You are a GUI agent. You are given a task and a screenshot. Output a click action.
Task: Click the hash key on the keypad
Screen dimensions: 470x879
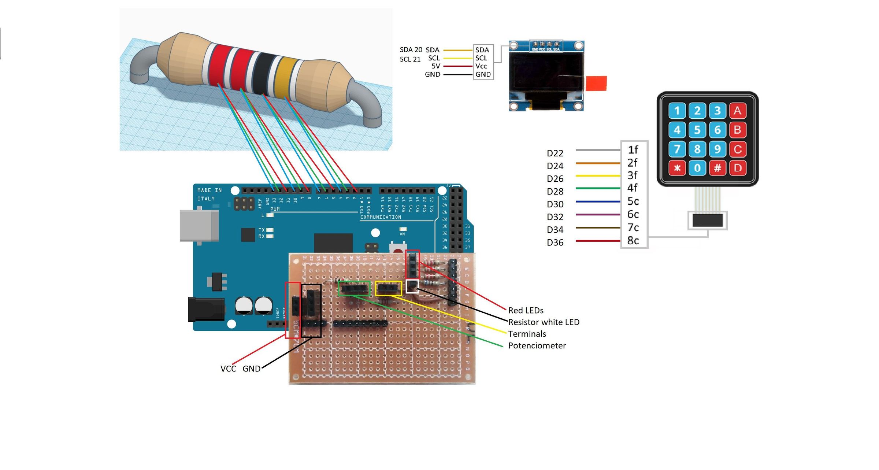coord(717,168)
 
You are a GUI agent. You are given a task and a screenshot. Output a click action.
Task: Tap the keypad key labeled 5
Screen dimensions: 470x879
coord(697,130)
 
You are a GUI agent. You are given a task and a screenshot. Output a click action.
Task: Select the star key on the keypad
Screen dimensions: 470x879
coord(677,168)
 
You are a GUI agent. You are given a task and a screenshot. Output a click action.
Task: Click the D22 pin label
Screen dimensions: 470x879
coord(555,153)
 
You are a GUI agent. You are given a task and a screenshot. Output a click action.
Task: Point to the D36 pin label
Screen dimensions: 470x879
coord(555,243)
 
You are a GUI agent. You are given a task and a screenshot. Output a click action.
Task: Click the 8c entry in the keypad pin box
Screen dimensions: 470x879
coord(633,241)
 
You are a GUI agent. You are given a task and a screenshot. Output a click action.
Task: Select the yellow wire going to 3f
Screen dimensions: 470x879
coord(598,176)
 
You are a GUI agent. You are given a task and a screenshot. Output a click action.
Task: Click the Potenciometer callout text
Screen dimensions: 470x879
coord(537,345)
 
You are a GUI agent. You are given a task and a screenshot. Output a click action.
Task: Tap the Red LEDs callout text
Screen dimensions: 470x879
coord(526,310)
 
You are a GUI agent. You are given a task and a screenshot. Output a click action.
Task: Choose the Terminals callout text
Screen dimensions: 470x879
coord(527,334)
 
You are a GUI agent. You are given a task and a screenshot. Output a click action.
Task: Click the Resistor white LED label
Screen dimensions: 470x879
coord(544,322)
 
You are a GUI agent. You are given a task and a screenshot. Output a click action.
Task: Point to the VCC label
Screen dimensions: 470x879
coord(228,369)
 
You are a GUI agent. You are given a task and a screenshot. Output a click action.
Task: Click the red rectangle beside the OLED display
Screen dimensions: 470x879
coord(596,83)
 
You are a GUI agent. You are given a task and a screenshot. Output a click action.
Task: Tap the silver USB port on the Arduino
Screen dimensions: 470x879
coord(199,225)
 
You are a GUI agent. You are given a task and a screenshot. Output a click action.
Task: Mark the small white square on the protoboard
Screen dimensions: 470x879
coord(412,286)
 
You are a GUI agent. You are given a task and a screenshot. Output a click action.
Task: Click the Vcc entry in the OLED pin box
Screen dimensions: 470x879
coord(481,66)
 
